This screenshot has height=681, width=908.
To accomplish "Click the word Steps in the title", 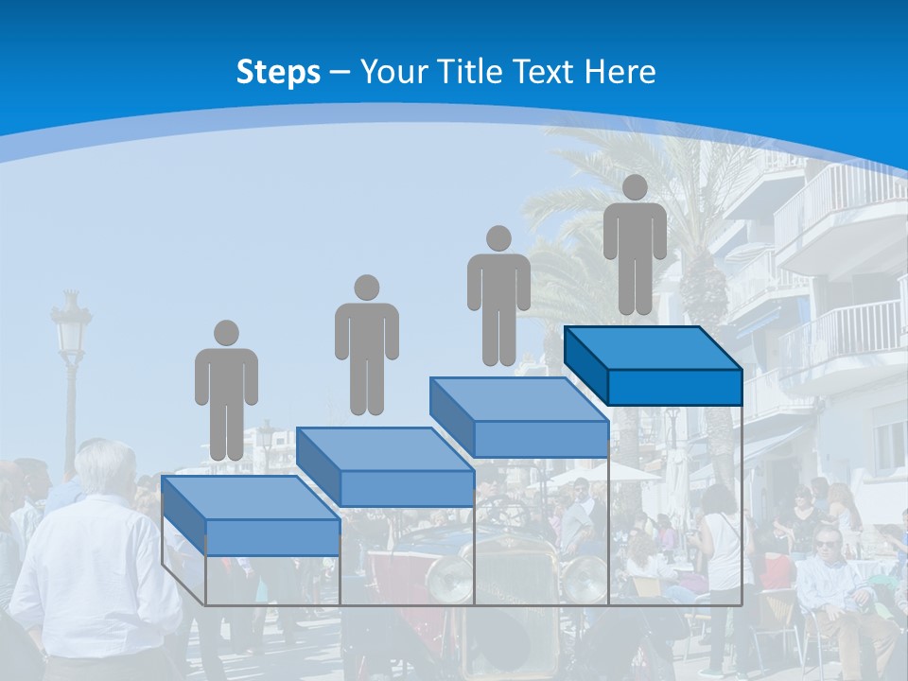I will click(278, 72).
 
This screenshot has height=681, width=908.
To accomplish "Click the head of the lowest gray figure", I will click(226, 333).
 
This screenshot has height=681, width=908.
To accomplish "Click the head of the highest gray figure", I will click(635, 187).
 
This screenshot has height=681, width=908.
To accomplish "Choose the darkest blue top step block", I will click(653, 364).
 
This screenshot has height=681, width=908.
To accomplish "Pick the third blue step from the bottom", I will click(519, 416).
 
